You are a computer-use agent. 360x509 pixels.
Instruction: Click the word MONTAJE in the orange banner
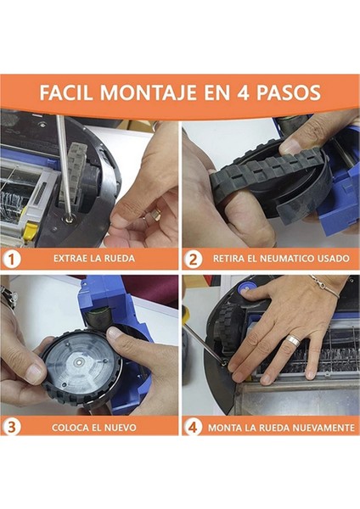[x=149, y=92]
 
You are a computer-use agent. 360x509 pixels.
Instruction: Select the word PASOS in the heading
[x=289, y=92]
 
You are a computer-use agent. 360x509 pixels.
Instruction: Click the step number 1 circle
[x=12, y=260]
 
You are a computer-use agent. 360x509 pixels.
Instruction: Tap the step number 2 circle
[x=193, y=260]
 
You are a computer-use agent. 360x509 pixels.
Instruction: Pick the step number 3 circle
[x=12, y=427]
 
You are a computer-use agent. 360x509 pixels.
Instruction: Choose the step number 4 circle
[x=193, y=427]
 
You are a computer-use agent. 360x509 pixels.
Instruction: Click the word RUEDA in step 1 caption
[x=119, y=259]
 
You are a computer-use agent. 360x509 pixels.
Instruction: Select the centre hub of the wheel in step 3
[x=79, y=361]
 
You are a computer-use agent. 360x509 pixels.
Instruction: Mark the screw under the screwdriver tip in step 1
[x=70, y=215]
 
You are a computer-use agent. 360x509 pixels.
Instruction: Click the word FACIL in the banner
[x=67, y=92]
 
